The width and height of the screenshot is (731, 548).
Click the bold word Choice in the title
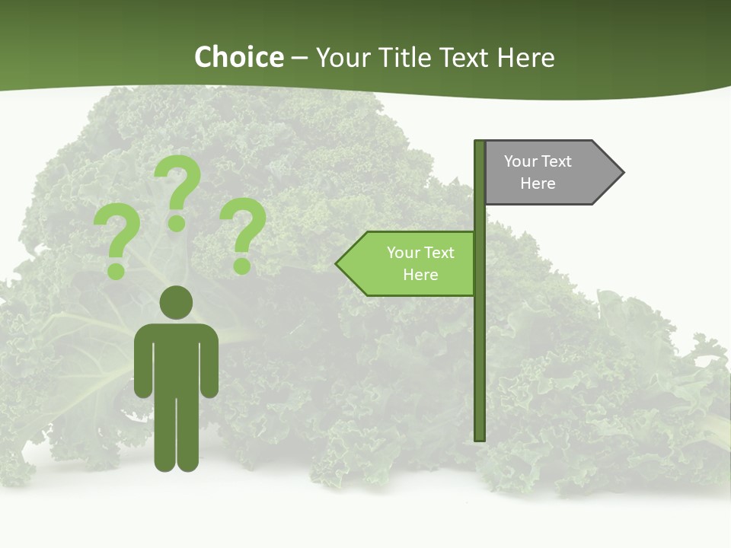click(x=238, y=57)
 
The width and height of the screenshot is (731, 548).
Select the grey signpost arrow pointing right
click(x=548, y=173)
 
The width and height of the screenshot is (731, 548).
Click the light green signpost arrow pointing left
click(x=411, y=263)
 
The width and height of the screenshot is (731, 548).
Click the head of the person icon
click(x=176, y=301)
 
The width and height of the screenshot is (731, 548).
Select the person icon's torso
click(x=176, y=358)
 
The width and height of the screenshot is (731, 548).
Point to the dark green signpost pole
click(x=480, y=342)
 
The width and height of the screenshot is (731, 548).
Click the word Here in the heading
click(x=525, y=57)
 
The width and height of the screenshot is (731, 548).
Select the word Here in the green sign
click(x=420, y=275)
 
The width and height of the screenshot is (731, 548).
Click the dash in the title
click(x=299, y=57)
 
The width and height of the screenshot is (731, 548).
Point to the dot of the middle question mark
click(x=177, y=222)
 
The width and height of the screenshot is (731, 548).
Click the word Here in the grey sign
click(x=538, y=183)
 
